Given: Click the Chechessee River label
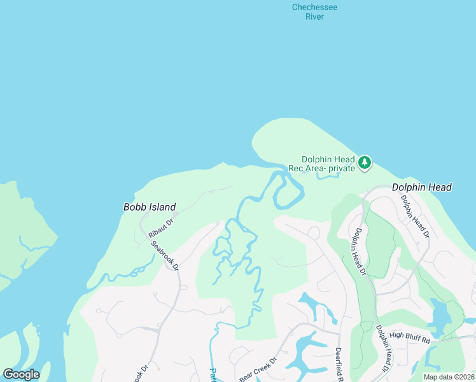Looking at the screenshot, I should (x=314, y=12).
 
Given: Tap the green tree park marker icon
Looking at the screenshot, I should (x=364, y=163).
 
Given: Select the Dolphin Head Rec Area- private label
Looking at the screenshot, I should (x=328, y=164).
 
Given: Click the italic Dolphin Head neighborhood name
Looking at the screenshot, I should (x=421, y=187).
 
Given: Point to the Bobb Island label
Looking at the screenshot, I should (x=149, y=207).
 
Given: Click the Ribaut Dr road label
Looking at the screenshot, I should (x=161, y=225).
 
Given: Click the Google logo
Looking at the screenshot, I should (x=21, y=374).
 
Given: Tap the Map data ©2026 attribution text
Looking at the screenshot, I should (x=449, y=377).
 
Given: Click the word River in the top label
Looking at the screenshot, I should (x=314, y=17).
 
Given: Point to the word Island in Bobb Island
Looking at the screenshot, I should (x=161, y=207).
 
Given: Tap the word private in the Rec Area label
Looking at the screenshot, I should (x=341, y=169).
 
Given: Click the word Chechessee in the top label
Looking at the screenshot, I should (x=314, y=7).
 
